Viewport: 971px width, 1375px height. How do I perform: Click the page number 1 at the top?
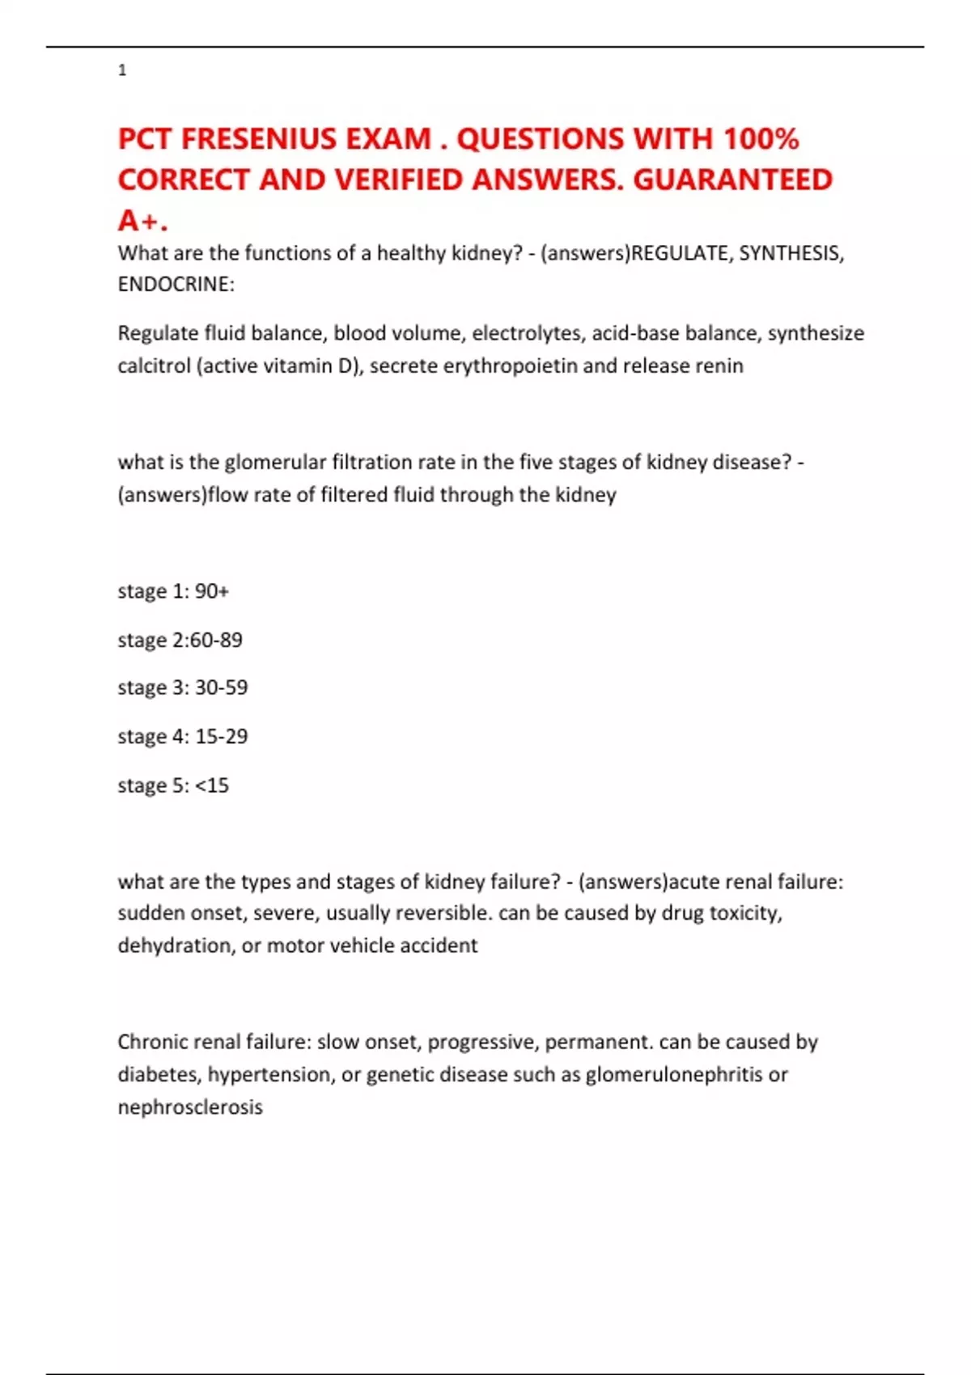(122, 70)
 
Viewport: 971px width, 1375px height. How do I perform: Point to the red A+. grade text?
(142, 220)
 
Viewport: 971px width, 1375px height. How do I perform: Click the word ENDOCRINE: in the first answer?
(176, 284)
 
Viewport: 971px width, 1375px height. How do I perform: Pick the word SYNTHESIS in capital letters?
(789, 253)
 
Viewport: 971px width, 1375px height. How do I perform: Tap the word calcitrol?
(154, 366)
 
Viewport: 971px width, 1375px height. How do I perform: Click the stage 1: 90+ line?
(173, 591)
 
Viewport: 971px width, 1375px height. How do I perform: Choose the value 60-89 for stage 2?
(216, 640)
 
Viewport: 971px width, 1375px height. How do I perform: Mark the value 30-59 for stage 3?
(221, 687)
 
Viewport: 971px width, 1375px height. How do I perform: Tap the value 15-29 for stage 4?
(221, 736)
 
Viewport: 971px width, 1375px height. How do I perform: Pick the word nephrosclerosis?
(190, 1106)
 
